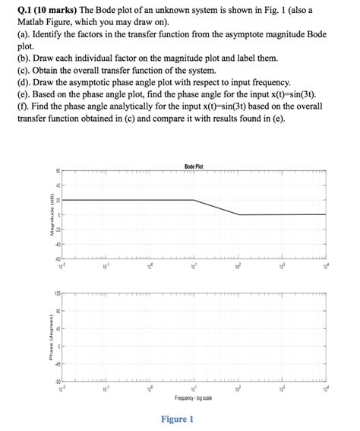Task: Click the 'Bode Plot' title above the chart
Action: coord(194,166)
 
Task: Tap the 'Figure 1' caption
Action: coord(178,419)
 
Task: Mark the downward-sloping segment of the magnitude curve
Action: coord(216,208)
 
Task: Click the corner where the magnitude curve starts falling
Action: coord(194,201)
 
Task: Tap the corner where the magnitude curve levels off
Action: coord(238,214)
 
